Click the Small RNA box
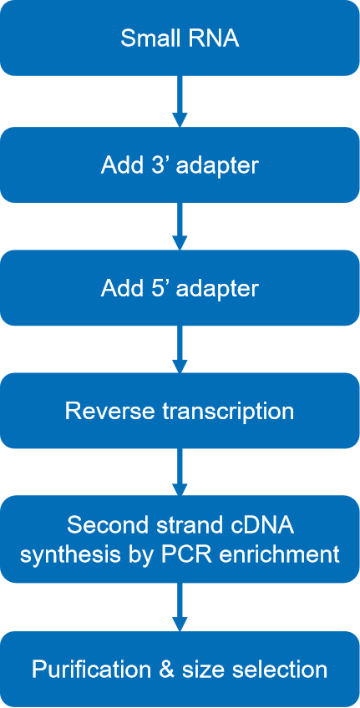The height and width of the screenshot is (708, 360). pyautogui.click(x=180, y=38)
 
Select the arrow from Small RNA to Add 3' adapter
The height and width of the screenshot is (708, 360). pyautogui.click(x=180, y=101)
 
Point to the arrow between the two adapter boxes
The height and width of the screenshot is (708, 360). pyautogui.click(x=180, y=225)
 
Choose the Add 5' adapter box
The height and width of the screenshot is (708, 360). pyautogui.click(x=180, y=287)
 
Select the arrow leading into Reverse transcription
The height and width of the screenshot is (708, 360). pyautogui.click(x=180, y=349)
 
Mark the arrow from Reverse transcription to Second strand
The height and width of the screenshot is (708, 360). pyautogui.click(x=180, y=472)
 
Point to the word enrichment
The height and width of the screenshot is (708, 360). pyautogui.click(x=286, y=553)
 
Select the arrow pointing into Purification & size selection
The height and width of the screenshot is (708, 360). pyautogui.click(x=180, y=607)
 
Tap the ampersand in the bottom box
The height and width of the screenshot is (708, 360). pyautogui.click(x=167, y=670)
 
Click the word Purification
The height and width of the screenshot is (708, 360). pyautogui.click(x=92, y=670)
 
